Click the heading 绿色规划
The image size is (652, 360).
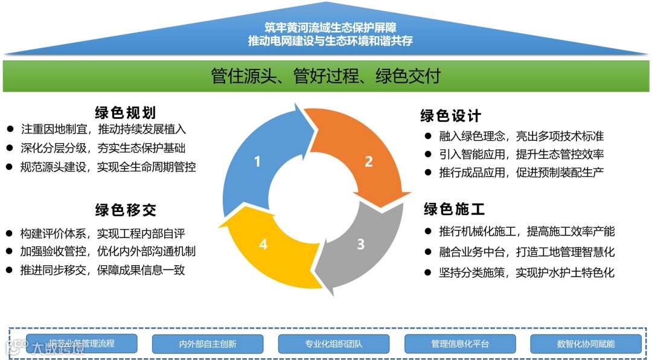pos(126,113)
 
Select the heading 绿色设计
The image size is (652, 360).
pos(451,115)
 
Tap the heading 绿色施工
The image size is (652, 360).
pos(454,210)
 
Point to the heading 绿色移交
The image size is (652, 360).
pos(126,210)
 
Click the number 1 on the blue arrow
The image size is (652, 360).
pos(258,162)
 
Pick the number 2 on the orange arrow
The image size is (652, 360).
pos(368,162)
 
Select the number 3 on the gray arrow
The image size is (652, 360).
pos(360,244)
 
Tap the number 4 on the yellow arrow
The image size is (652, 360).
pos(263,244)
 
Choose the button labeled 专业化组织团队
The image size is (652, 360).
pos(334,344)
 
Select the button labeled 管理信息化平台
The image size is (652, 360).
pos(460,344)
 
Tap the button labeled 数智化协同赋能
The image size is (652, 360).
pos(586,344)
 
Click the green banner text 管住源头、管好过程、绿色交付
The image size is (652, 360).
pos(326,76)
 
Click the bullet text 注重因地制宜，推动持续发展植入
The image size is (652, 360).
pos(103,129)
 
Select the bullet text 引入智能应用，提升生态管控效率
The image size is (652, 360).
pos(522,154)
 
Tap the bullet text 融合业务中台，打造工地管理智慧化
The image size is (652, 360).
pos(527,252)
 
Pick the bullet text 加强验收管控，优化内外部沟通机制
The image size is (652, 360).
pos(107,251)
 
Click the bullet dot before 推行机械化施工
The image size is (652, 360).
pos(428,231)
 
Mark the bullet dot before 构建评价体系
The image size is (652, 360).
pos(10,233)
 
